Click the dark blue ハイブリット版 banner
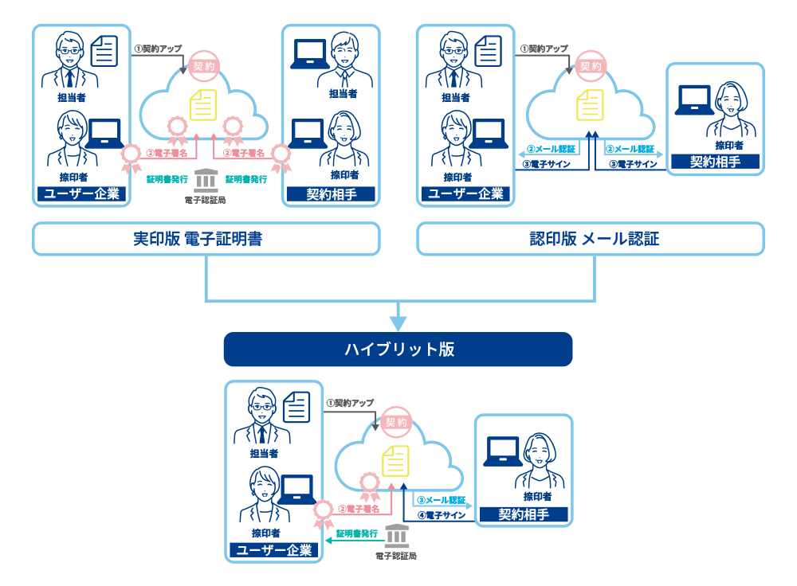click(x=398, y=350)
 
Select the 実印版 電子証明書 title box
click(x=206, y=238)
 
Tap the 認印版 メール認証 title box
click(x=591, y=238)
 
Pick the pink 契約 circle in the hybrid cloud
click(x=396, y=422)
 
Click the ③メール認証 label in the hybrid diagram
click(x=441, y=500)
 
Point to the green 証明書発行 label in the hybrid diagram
click(x=356, y=533)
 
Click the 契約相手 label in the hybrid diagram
click(x=524, y=514)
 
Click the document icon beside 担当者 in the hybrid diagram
click(x=296, y=406)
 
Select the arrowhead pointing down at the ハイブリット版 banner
click(x=398, y=322)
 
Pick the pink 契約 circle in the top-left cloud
click(x=203, y=66)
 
